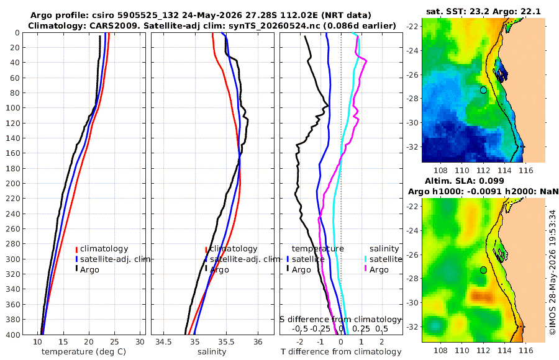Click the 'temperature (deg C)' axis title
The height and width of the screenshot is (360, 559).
pos(84,352)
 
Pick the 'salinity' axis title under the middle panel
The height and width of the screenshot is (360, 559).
pos(212,352)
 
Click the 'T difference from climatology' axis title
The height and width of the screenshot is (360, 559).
pos(341,352)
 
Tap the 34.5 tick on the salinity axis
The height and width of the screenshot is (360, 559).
pos(163,342)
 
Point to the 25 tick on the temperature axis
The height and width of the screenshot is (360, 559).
pos(114,342)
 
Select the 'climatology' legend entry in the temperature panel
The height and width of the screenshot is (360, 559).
pos(102,249)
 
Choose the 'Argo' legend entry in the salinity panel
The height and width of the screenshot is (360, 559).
pos(217,270)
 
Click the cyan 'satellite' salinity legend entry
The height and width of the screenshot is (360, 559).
pos(383,259)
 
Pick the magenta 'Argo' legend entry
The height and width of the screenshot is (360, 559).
pos(376,270)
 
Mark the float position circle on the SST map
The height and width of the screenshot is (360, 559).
pos(483,90)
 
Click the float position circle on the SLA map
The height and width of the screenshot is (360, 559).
pos(483,270)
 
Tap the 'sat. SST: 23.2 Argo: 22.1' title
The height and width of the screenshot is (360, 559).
pos(483,11)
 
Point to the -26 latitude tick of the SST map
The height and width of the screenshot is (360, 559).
pos(413,75)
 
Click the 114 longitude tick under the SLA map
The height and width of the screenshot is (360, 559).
pos(504,350)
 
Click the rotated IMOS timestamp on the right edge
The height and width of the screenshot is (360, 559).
pos(553,272)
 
